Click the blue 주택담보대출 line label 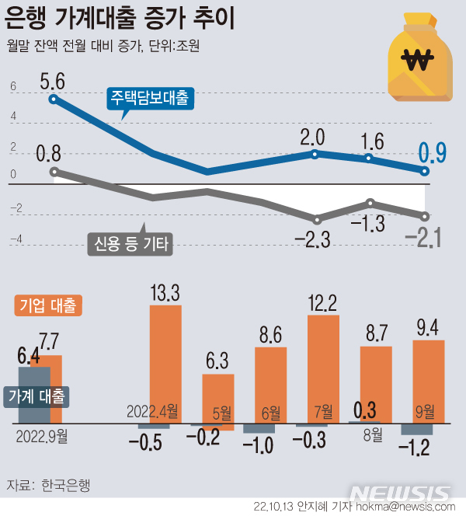click(148, 99)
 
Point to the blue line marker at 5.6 click(53, 99)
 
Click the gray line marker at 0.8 click(53, 172)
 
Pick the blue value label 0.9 click(432, 153)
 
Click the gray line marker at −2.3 click(316, 220)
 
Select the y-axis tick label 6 click(12, 88)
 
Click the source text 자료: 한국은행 click(48, 486)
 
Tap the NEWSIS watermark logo click(399, 493)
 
